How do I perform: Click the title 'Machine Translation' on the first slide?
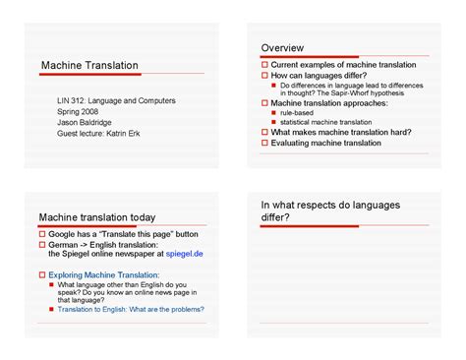[89, 65]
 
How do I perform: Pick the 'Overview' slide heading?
[282, 48]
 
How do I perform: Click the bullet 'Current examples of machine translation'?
[343, 65]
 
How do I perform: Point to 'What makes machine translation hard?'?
[341, 132]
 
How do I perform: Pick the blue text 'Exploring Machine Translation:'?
[104, 275]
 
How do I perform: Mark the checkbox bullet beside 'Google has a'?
[42, 234]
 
